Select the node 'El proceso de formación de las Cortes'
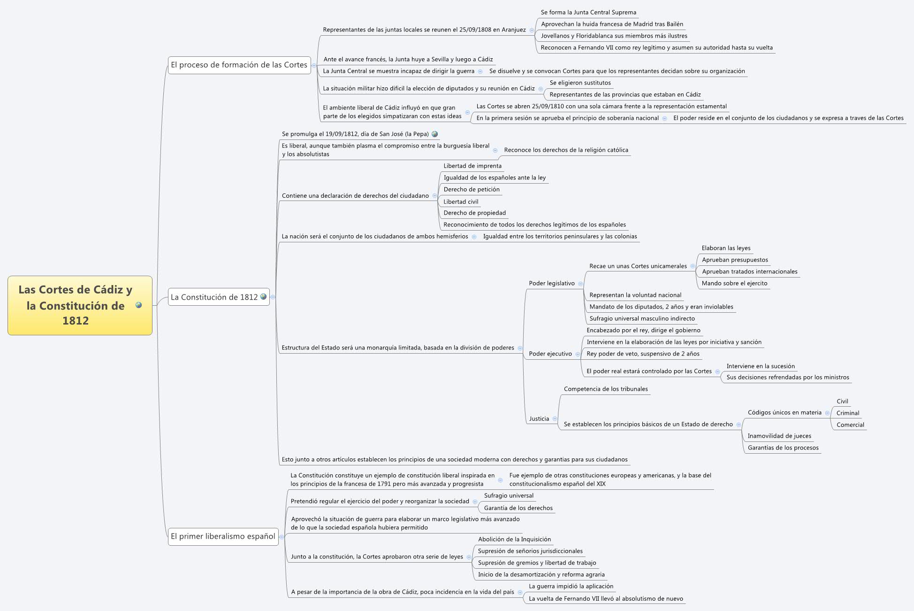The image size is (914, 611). [239, 65]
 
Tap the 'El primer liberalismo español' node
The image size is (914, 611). [223, 536]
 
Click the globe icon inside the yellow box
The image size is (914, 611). [138, 305]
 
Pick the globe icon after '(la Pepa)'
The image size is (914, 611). [434, 134]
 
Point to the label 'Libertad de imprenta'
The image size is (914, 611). [472, 166]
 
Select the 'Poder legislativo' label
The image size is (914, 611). [551, 283]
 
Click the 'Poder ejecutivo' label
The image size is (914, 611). [550, 354]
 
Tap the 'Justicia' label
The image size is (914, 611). [539, 418]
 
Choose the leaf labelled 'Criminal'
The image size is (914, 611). [847, 413]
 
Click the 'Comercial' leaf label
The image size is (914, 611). [850, 425]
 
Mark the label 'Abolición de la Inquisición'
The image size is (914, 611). [514, 539]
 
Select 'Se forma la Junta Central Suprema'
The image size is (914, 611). [588, 12]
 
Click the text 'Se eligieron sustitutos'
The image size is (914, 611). [580, 83]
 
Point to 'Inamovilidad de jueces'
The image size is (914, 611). [779, 436]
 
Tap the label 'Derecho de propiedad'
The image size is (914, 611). [474, 213]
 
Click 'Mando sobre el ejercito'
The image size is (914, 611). [734, 283]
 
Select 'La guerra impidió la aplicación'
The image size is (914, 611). [571, 586]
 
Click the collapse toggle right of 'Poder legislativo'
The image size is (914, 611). [580, 284]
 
